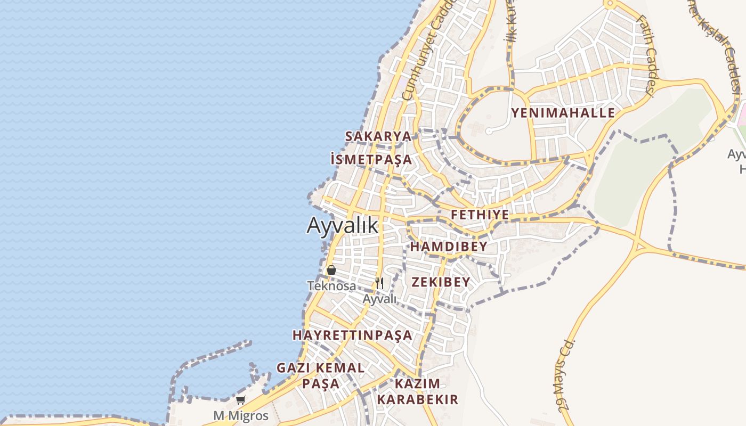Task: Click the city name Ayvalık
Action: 342,225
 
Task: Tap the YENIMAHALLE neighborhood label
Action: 563,113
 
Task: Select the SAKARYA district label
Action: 378,136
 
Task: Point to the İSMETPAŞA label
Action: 371,159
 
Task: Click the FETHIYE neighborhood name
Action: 480,215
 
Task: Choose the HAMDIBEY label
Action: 449,247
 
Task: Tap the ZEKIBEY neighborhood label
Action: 440,282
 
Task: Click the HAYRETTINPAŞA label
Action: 352,335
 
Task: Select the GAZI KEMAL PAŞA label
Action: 321,375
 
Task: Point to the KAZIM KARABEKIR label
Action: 418,391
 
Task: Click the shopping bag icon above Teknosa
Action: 331,270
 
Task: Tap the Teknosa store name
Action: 331,286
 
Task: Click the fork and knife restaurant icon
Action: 379,283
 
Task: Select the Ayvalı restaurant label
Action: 379,299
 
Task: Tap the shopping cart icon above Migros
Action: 241,400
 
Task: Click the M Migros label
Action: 241,415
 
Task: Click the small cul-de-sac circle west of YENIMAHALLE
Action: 489,131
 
